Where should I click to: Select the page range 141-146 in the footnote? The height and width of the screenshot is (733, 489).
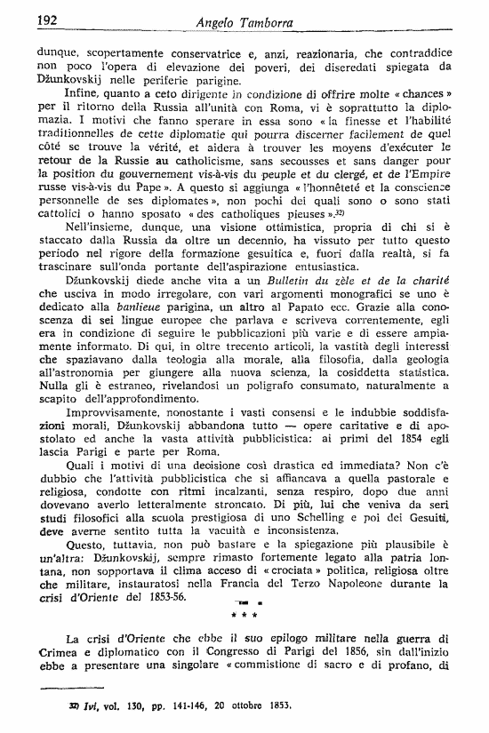point(172,705)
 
